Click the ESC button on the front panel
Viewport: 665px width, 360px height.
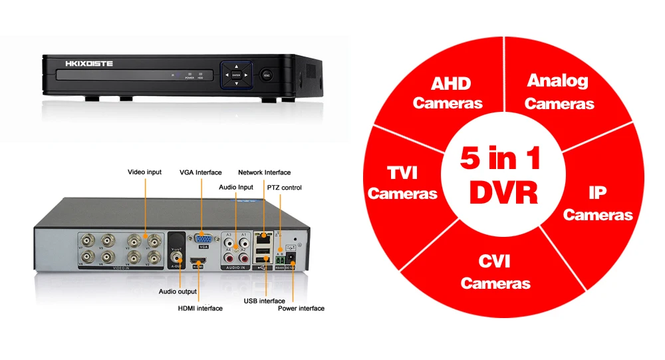coord(267,75)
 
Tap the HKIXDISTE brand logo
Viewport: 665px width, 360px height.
coord(90,64)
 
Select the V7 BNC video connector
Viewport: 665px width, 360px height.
coord(87,240)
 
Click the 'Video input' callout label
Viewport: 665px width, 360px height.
coord(144,172)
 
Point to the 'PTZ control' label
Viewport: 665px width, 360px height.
coord(284,188)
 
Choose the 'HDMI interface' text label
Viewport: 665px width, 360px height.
coord(200,308)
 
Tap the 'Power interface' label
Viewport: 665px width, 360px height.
coord(301,308)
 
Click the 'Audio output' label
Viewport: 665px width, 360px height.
coord(178,291)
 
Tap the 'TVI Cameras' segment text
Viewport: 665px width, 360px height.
coord(402,183)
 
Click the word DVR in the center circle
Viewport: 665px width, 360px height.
coord(503,192)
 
